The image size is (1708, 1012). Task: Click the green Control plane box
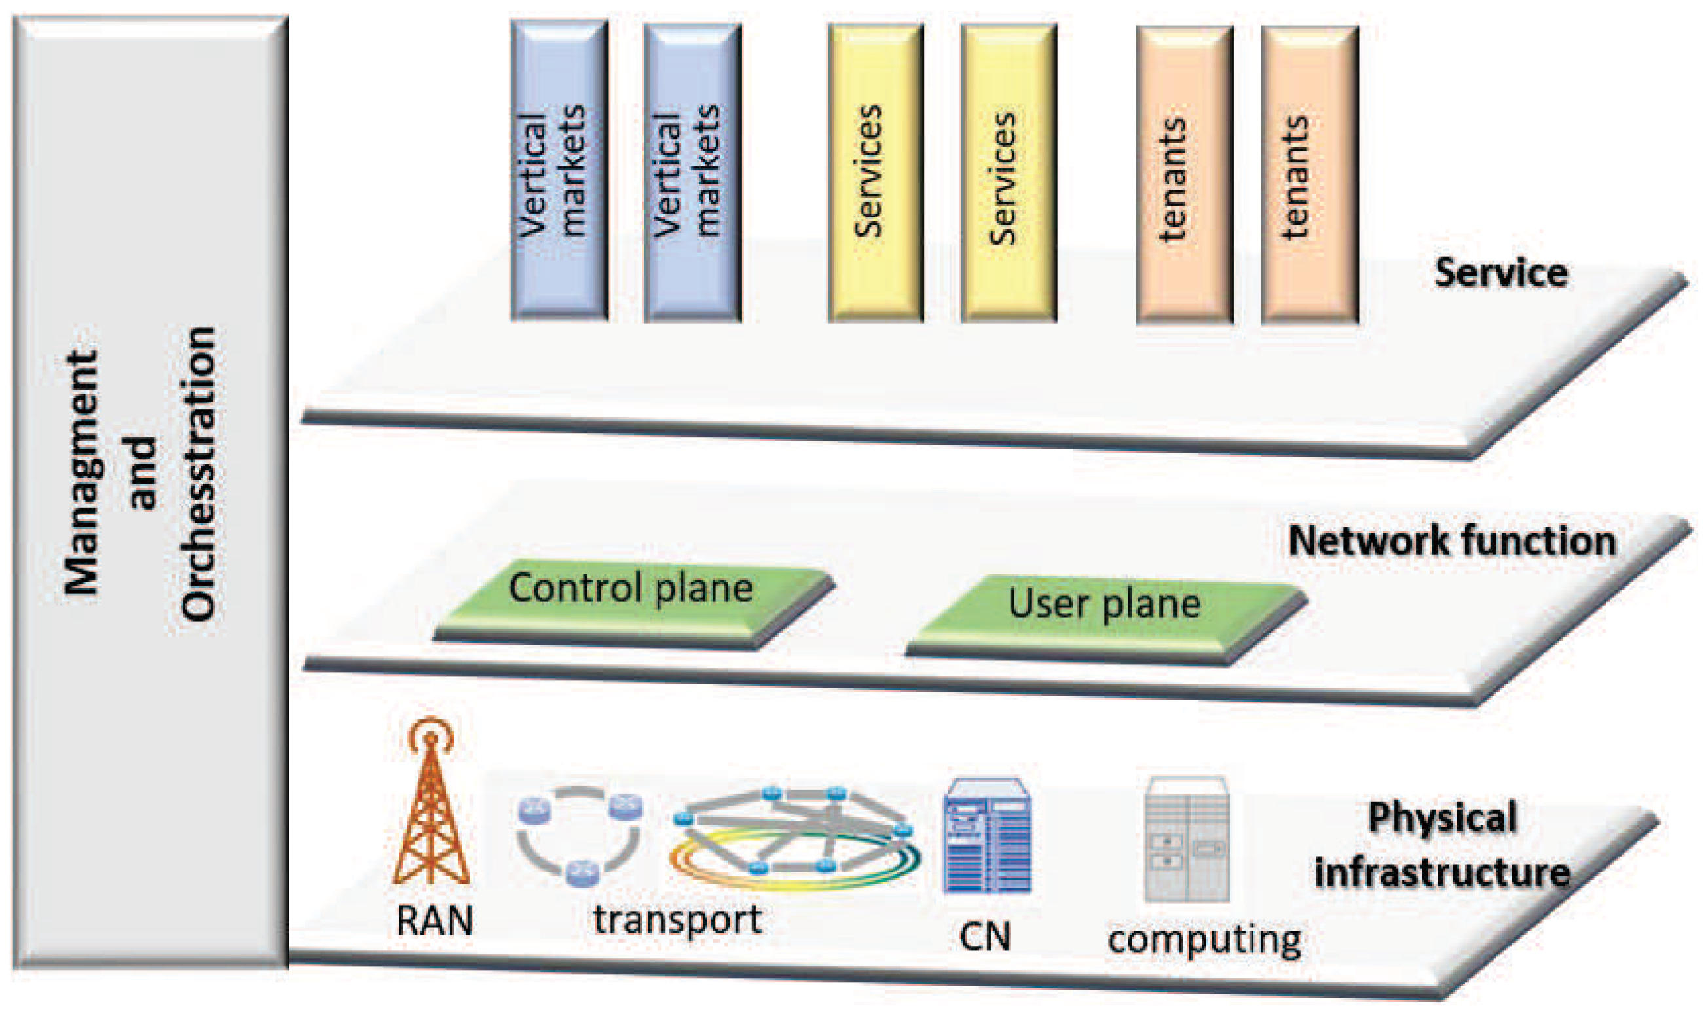(x=631, y=600)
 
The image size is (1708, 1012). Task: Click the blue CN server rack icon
(x=986, y=836)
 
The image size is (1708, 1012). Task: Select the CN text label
(x=984, y=937)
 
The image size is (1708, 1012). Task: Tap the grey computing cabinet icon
(x=1187, y=839)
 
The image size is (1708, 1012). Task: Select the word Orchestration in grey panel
(x=198, y=474)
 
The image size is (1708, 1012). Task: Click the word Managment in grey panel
(x=82, y=474)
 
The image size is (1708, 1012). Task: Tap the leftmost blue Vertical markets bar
(x=559, y=170)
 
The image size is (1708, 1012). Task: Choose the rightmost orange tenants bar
(x=1309, y=174)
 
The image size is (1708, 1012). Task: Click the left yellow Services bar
(x=876, y=172)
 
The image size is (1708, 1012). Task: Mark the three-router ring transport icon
(x=579, y=833)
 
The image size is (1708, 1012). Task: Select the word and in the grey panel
(x=142, y=474)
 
